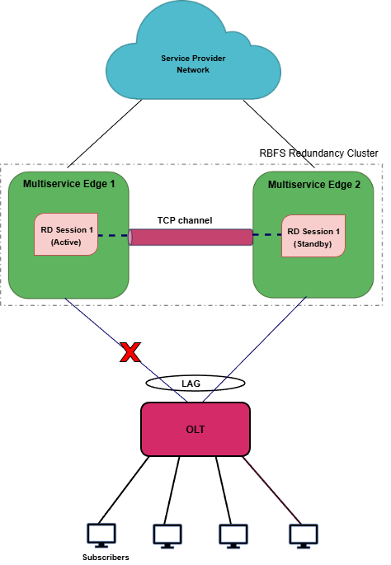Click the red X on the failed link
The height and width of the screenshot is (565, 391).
pyautogui.click(x=130, y=352)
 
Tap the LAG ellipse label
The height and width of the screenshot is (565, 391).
pyautogui.click(x=191, y=384)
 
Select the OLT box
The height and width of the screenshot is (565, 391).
pyautogui.click(x=195, y=429)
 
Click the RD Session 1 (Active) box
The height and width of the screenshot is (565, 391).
pyautogui.click(x=66, y=234)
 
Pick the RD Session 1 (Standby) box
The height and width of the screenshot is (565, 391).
pyautogui.click(x=313, y=236)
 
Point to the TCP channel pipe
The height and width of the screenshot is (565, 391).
pyautogui.click(x=191, y=237)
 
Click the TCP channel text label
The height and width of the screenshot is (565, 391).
pyautogui.click(x=185, y=220)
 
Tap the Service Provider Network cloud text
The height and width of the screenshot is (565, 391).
pyautogui.click(x=193, y=64)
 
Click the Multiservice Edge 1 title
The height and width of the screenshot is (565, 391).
pyautogui.click(x=68, y=184)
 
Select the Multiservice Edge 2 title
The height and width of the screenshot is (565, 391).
pyautogui.click(x=314, y=185)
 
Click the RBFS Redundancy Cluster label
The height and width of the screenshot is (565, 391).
pyautogui.click(x=319, y=153)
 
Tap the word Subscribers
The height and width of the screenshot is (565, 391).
pyautogui.click(x=106, y=557)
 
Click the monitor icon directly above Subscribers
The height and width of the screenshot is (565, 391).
pyautogui.click(x=101, y=535)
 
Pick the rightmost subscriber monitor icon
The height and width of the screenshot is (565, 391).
pyautogui.click(x=304, y=536)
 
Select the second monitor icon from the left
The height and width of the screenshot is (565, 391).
pyautogui.click(x=167, y=536)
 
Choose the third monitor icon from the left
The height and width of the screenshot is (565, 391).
pyautogui.click(x=233, y=536)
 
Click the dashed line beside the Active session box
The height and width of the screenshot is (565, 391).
pyautogui.click(x=113, y=236)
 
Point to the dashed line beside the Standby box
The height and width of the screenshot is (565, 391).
pyautogui.click(x=267, y=235)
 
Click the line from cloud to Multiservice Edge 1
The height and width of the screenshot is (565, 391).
pyautogui.click(x=105, y=134)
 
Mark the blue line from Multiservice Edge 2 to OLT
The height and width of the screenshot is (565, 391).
pyautogui.click(x=254, y=349)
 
